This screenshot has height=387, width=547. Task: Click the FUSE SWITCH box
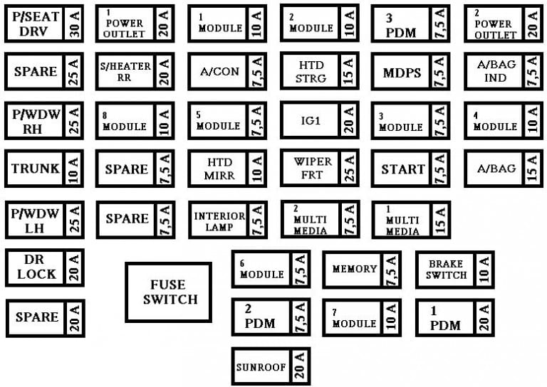[169, 292]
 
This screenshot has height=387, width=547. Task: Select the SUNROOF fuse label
[261, 367]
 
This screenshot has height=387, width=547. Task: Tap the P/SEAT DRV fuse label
[35, 23]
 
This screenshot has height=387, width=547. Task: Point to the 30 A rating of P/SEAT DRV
[75, 23]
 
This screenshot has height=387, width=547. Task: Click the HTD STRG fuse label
[311, 72]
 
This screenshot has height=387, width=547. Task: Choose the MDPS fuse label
[402, 73]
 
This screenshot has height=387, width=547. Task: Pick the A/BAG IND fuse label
[496, 71]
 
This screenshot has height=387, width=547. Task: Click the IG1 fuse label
[311, 120]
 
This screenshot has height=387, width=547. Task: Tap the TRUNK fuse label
[36, 169]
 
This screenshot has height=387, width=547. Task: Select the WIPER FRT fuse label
[313, 168]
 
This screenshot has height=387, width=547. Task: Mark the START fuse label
[403, 169]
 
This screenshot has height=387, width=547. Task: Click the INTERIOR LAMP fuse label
[219, 221]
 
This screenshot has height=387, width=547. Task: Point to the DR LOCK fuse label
[36, 267]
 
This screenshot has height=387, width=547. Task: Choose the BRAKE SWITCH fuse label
[446, 269]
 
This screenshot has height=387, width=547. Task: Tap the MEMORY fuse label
[355, 269]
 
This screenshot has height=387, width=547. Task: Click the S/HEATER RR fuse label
[125, 71]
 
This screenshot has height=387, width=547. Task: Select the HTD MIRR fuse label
[219, 169]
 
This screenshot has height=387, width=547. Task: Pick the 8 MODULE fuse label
[125, 122]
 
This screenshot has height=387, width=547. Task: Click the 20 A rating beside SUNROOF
[300, 366]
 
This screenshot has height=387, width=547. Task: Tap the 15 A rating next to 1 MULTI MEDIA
[441, 220]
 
